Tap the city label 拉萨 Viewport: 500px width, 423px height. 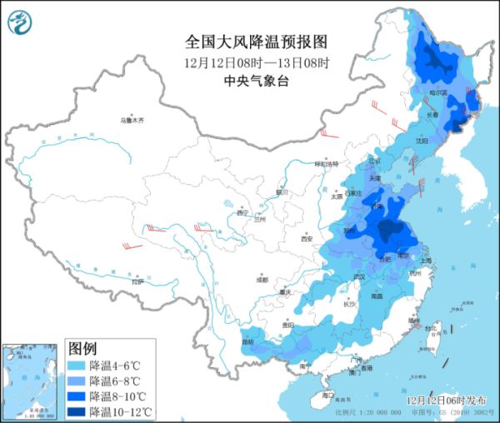(x=137, y=282)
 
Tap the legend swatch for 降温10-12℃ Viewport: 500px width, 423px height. (x=77, y=411)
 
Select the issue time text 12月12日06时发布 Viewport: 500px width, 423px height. (x=447, y=401)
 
